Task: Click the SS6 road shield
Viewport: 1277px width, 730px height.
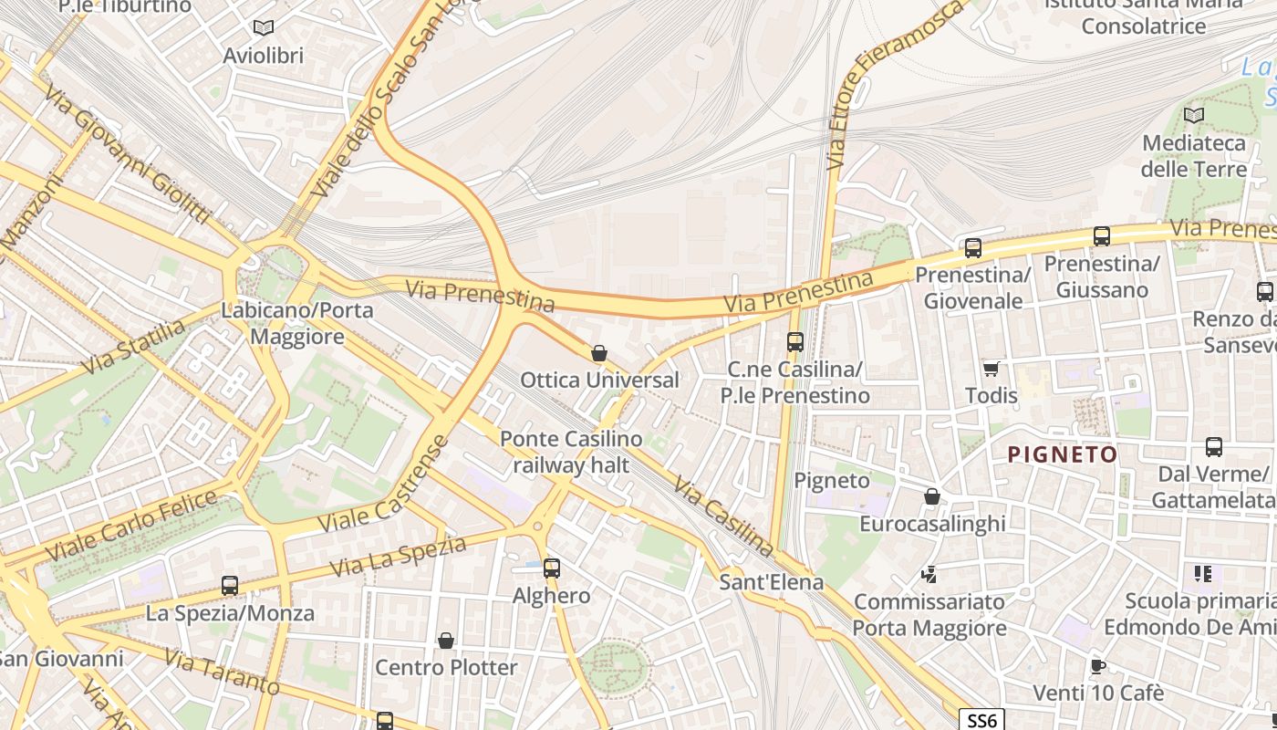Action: (x=981, y=720)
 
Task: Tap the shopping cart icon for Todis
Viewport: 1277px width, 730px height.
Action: (x=991, y=369)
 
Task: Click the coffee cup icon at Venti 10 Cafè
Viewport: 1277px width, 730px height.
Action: (x=1097, y=666)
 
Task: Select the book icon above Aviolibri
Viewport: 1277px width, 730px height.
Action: (x=264, y=28)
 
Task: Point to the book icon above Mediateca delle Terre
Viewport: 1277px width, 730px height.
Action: (x=1193, y=115)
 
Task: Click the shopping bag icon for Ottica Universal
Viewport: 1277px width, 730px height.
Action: (x=599, y=353)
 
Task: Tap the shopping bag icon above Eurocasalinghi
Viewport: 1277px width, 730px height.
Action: (x=931, y=496)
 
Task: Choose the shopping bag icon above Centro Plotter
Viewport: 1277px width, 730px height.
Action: (x=446, y=641)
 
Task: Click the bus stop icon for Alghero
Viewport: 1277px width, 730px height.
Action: (x=551, y=568)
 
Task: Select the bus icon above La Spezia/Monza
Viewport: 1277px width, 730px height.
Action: (x=230, y=585)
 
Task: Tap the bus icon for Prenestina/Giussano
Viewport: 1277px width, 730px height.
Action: (x=1101, y=236)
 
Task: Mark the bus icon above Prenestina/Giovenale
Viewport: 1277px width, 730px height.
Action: (x=972, y=247)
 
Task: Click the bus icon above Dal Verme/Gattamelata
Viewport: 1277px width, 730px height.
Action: (x=1213, y=447)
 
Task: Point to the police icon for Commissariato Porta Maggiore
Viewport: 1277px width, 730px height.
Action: (x=929, y=575)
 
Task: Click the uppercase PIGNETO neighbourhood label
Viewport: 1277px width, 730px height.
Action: (x=1062, y=454)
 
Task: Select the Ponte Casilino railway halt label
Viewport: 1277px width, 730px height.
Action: (x=570, y=452)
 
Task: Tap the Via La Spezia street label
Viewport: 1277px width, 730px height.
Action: (x=398, y=556)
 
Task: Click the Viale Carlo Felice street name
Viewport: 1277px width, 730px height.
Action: (x=131, y=526)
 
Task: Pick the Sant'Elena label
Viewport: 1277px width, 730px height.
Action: (x=771, y=581)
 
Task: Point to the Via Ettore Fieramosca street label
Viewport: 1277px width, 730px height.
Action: (x=894, y=87)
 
